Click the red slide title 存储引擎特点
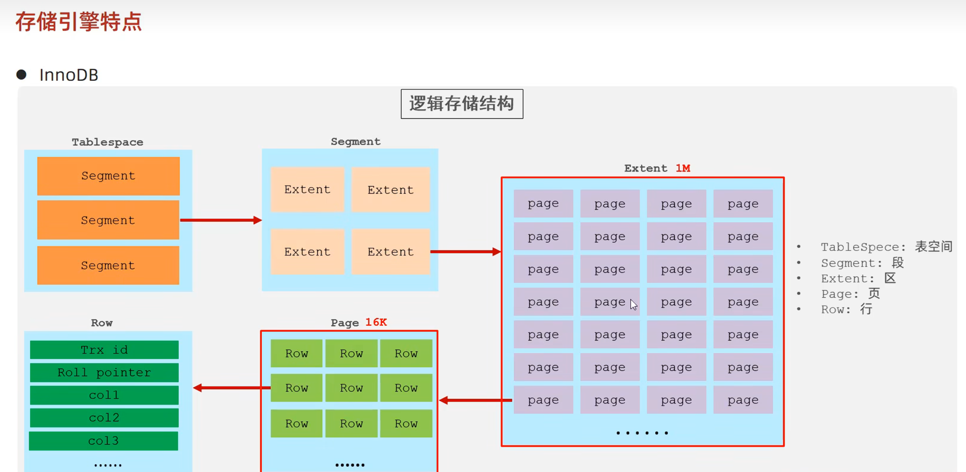[x=78, y=22]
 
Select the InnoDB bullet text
[x=69, y=75]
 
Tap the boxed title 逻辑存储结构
[x=462, y=104]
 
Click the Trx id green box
[x=104, y=350]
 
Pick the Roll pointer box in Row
[x=104, y=372]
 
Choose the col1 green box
[x=104, y=395]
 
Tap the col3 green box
[x=103, y=441]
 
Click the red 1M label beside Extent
[x=683, y=168]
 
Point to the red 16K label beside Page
[x=376, y=322]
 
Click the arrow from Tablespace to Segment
[x=221, y=220]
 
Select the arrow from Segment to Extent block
[x=465, y=252]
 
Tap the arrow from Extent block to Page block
[x=476, y=400]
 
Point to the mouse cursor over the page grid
[x=633, y=304]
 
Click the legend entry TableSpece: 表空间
[x=886, y=247]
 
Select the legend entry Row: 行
[x=846, y=309]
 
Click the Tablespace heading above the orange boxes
[x=108, y=142]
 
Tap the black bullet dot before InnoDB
[x=21, y=75]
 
